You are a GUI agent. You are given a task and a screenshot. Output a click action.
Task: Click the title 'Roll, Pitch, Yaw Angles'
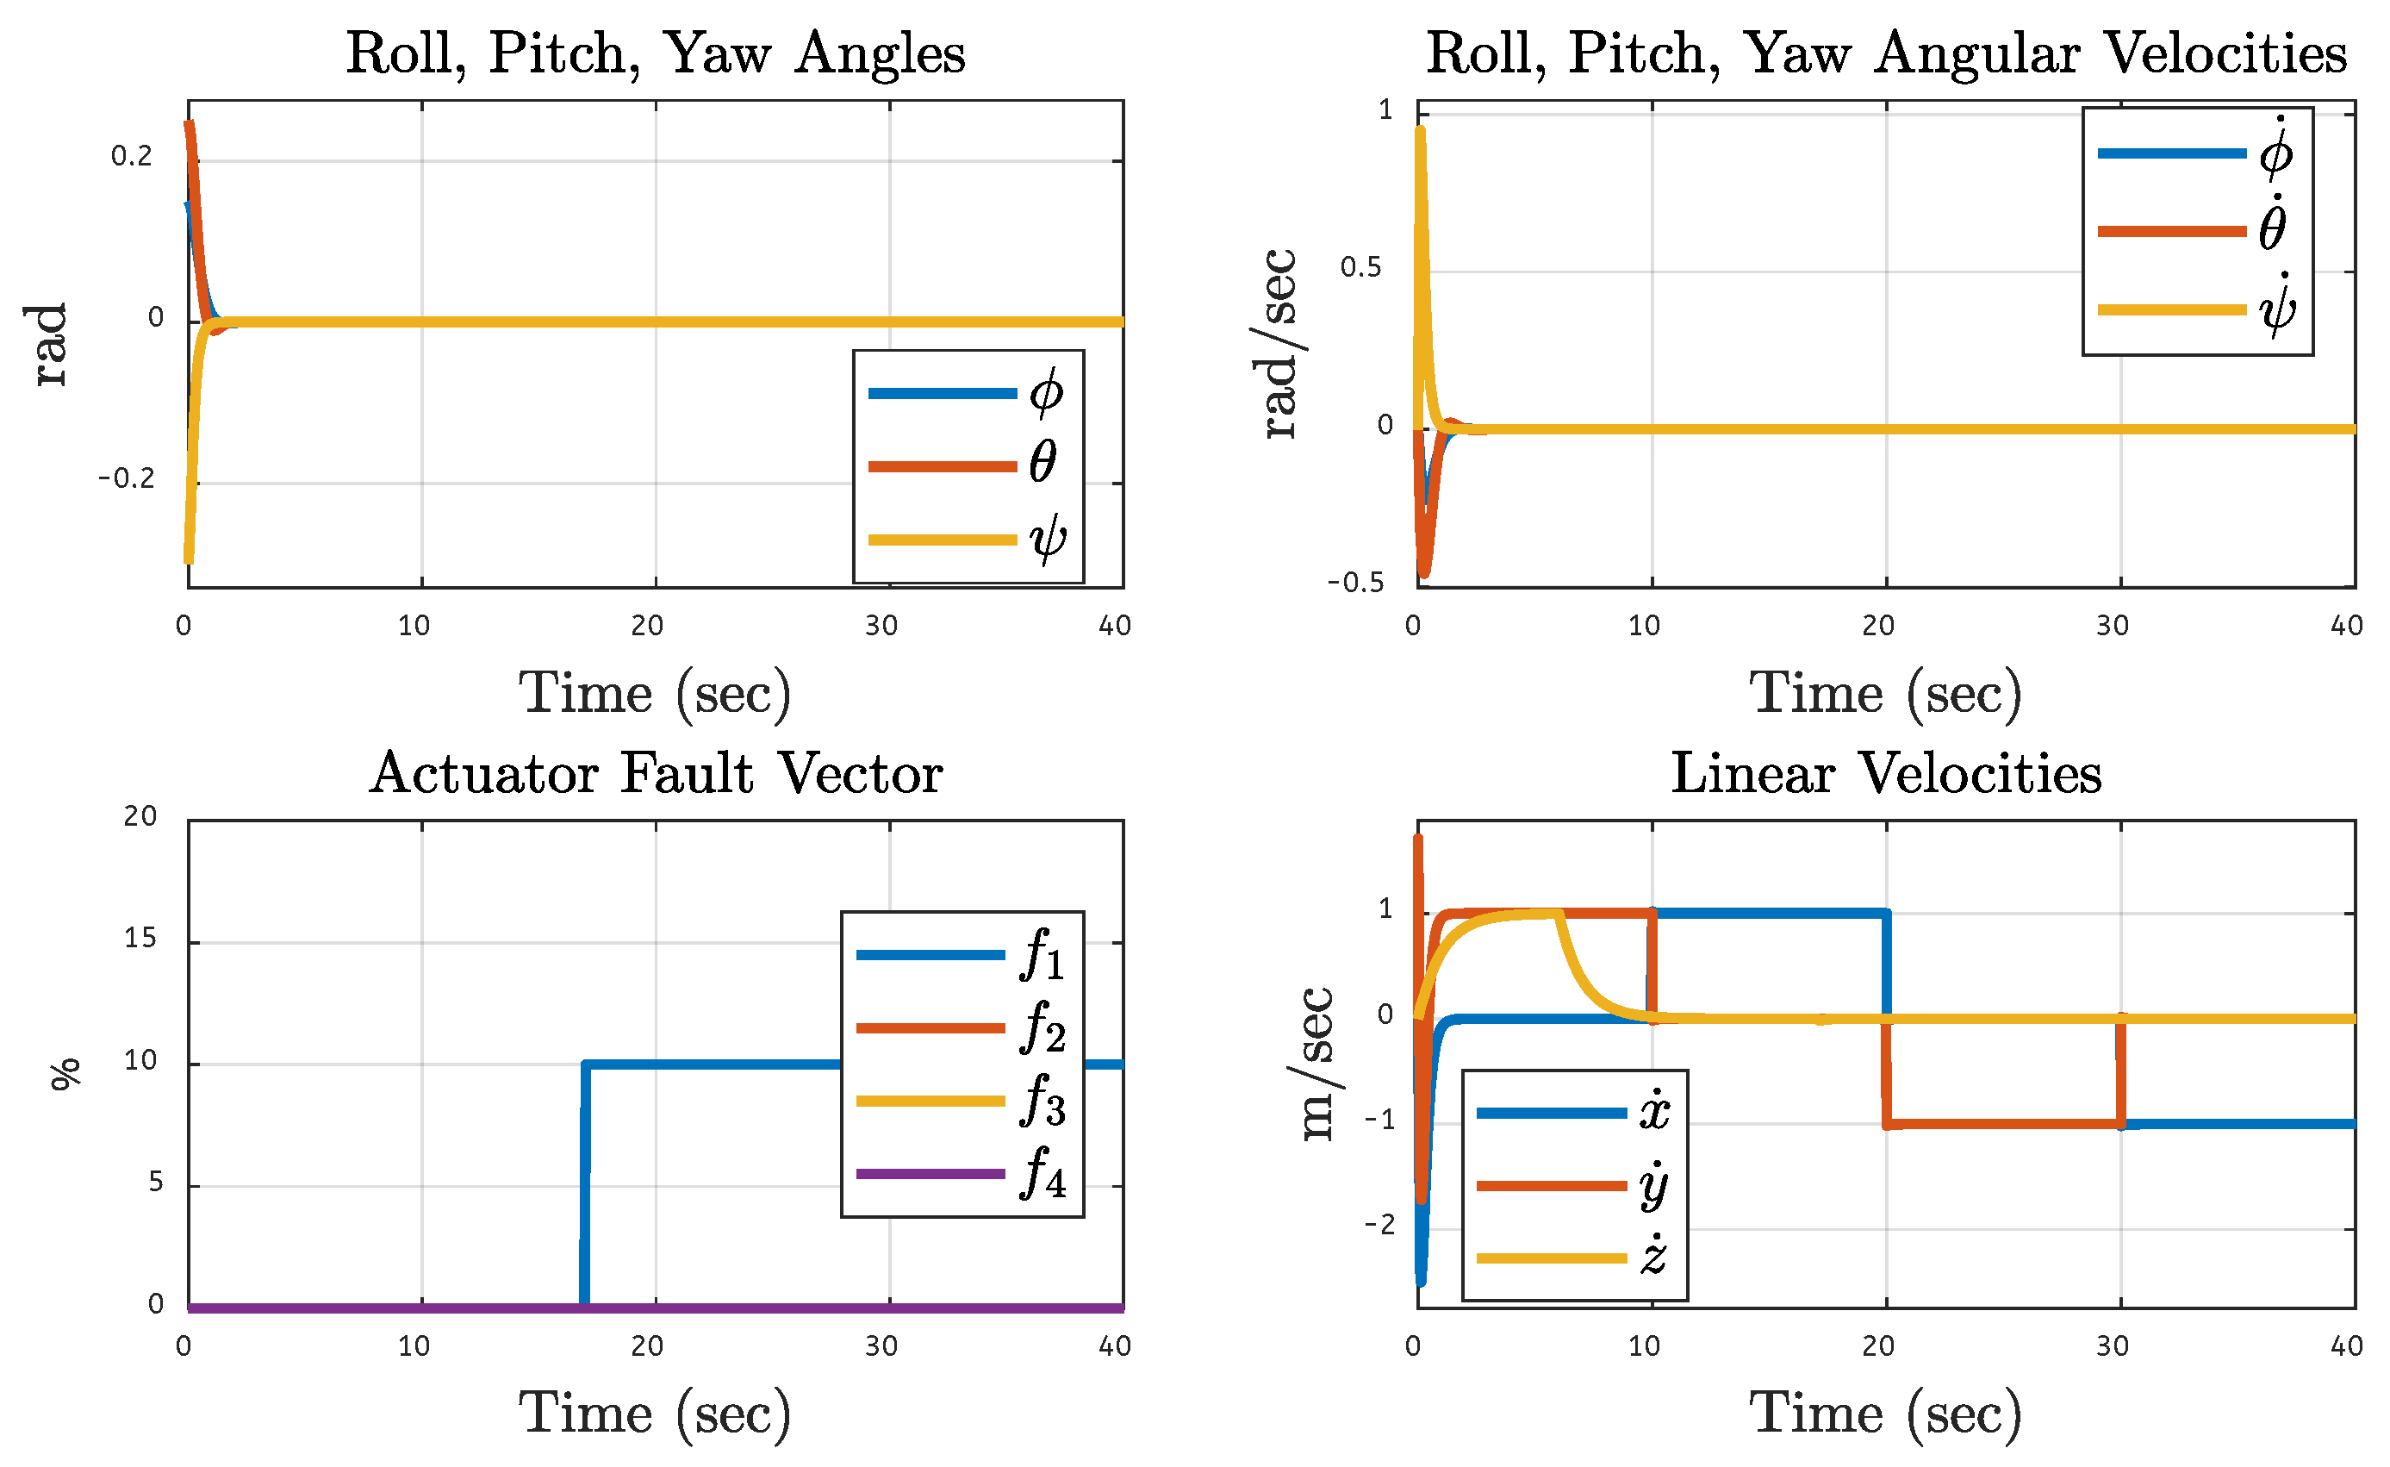click(656, 53)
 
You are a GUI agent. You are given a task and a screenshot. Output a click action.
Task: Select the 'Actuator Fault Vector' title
click(656, 773)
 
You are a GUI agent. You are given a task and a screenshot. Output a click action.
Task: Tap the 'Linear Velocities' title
click(1886, 773)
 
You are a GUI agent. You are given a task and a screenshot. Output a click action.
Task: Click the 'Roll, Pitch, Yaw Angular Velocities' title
click(1886, 53)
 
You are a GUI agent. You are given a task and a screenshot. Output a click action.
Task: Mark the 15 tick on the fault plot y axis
click(140, 939)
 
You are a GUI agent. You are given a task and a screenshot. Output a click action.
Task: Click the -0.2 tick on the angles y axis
click(126, 478)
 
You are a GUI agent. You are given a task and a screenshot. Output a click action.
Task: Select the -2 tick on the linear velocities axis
click(1379, 1225)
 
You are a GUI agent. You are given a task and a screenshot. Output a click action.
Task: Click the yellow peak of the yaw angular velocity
click(1420, 130)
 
